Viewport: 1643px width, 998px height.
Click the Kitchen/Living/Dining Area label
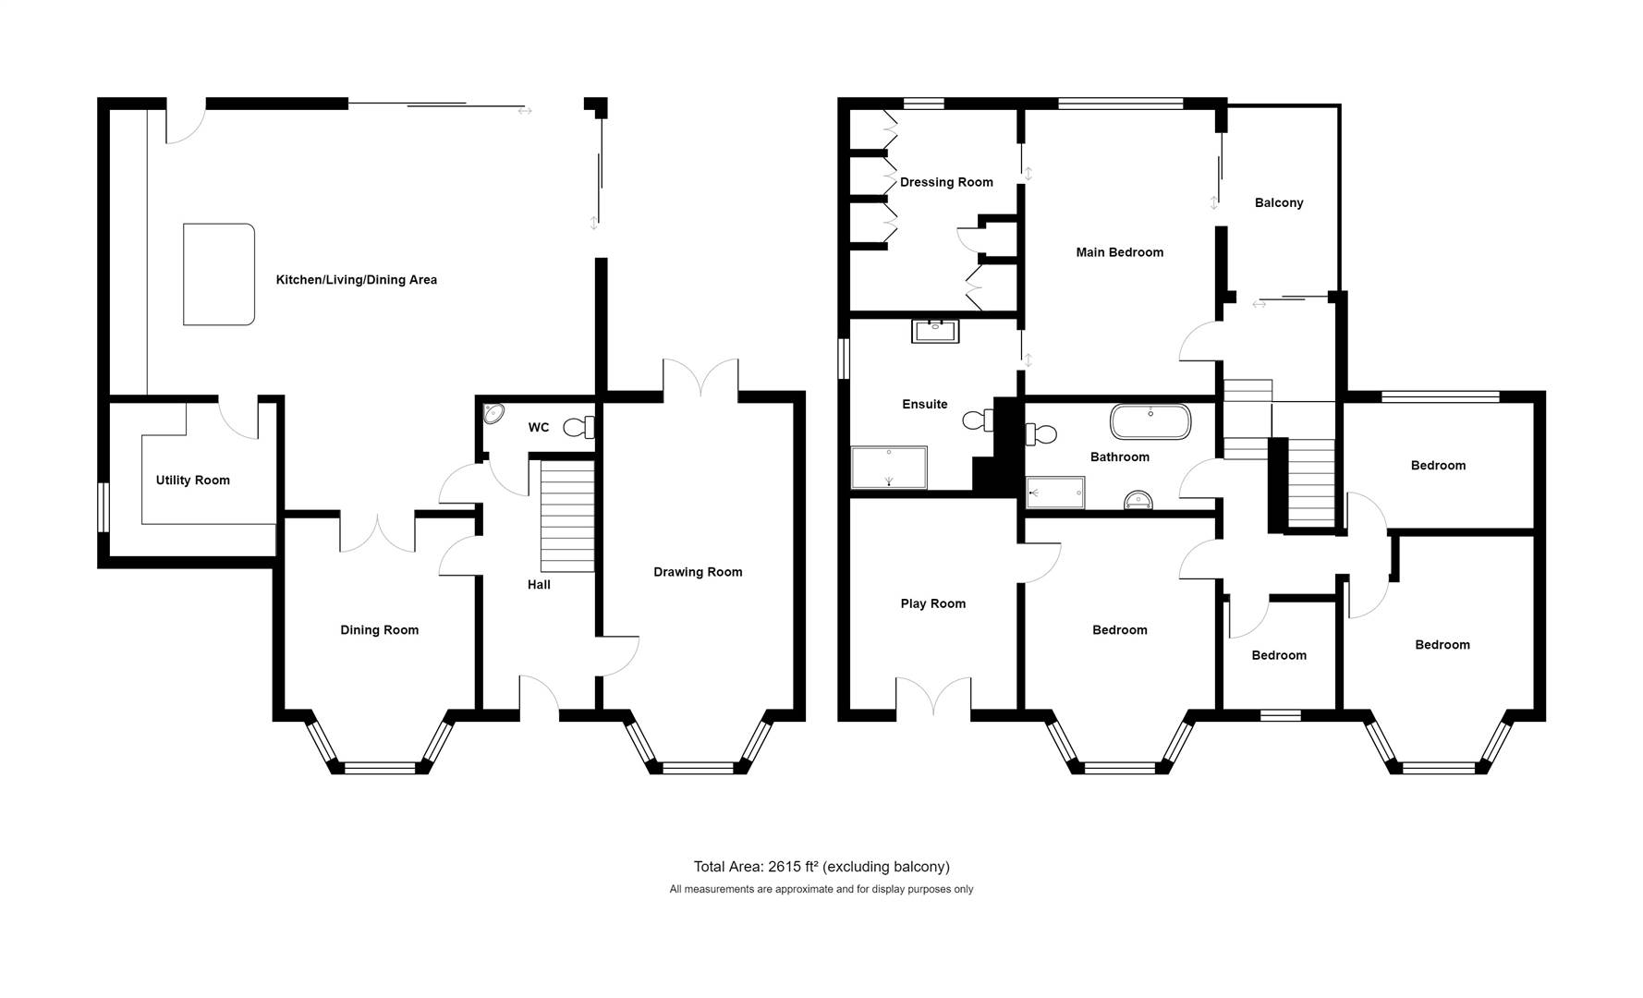[x=356, y=280]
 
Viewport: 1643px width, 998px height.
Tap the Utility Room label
[x=192, y=481]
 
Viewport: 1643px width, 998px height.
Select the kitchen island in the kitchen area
[x=219, y=274]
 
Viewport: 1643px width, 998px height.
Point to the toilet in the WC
[x=579, y=427]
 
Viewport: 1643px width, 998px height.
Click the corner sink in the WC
[x=493, y=413]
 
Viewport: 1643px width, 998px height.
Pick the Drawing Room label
[x=698, y=572]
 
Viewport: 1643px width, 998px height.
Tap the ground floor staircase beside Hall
[x=566, y=517]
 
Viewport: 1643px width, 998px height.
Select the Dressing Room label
[x=946, y=182]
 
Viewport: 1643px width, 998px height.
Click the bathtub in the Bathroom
[x=1150, y=421]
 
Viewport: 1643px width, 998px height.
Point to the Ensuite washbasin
[x=935, y=330]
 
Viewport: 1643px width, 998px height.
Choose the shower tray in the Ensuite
[x=888, y=468]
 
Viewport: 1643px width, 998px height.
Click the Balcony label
[x=1279, y=203]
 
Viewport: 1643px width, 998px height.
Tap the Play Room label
[x=933, y=604]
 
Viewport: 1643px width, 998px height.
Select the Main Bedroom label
[x=1120, y=252]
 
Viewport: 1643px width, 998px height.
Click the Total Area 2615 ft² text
[x=821, y=867]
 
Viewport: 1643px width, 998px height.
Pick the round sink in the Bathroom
[x=1138, y=500]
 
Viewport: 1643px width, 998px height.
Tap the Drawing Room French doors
[x=700, y=379]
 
